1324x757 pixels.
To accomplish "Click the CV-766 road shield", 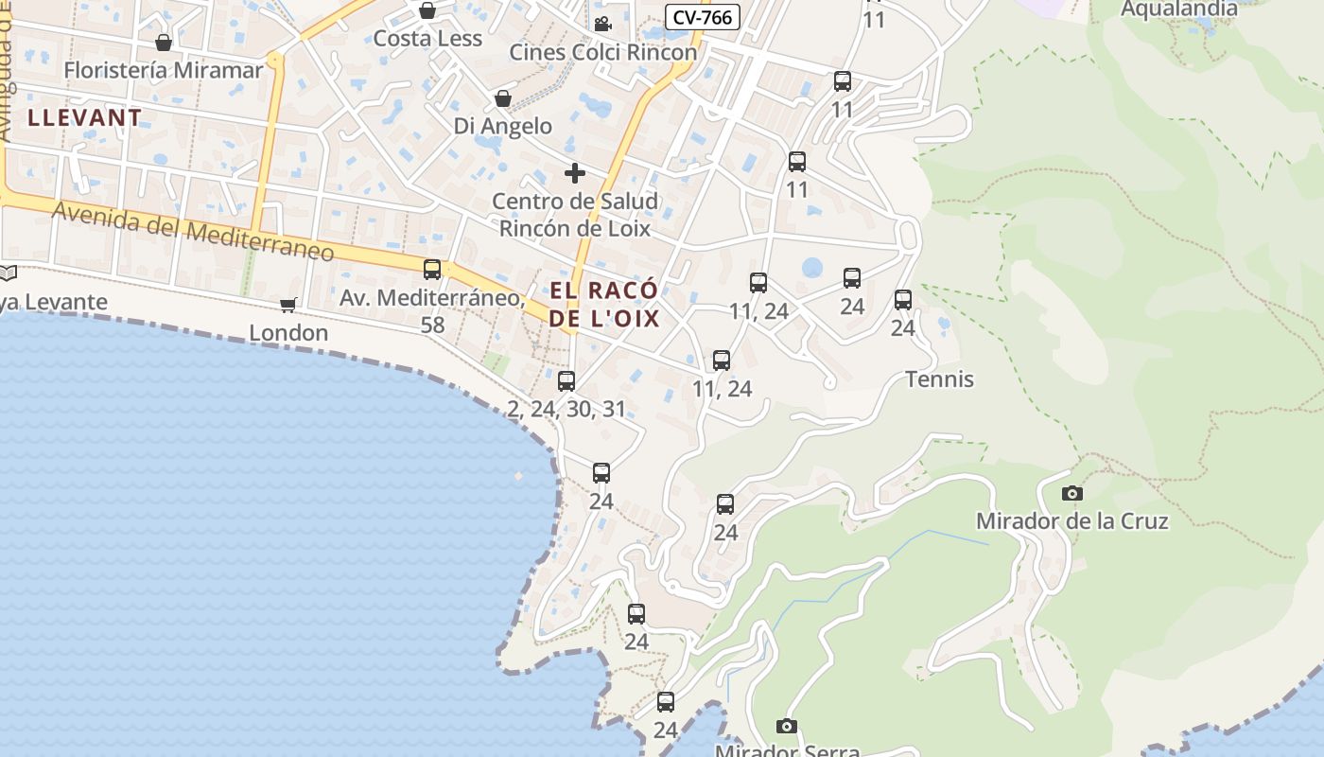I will tap(702, 17).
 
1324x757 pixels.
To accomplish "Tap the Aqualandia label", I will tap(1178, 9).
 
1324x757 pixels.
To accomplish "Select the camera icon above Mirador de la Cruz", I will tap(1071, 493).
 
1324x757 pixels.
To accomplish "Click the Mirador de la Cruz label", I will tap(1071, 521).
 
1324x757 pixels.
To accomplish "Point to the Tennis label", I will tap(939, 379).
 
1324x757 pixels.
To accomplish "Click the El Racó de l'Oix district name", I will tap(604, 304).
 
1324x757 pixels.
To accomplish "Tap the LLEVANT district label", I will tap(85, 118).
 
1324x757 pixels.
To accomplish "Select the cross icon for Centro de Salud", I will tap(574, 173).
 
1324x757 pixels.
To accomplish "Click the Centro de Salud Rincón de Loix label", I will tap(575, 215).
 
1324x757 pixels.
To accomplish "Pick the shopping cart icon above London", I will tap(288, 305).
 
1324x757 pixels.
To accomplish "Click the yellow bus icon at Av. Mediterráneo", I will tap(432, 270).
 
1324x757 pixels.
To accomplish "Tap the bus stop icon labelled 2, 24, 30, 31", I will tap(566, 381).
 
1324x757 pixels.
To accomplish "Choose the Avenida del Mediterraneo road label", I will tap(193, 230).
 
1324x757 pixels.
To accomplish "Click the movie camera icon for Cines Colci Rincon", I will tap(602, 24).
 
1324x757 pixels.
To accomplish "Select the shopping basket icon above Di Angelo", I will tap(503, 98).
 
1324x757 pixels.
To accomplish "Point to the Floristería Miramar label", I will tap(164, 70).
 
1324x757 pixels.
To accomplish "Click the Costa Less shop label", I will tap(427, 39).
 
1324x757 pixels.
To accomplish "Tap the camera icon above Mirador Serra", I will tap(786, 727).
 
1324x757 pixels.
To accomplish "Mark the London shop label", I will tap(288, 333).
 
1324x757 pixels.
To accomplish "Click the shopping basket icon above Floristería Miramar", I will tap(164, 43).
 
